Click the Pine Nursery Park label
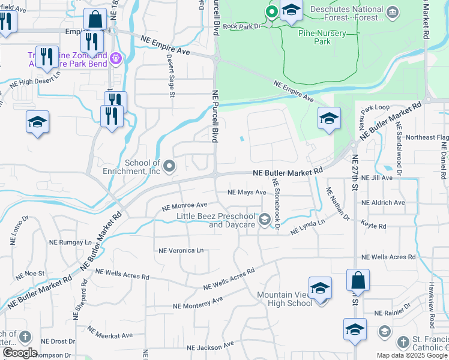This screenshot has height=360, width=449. [x=322, y=37]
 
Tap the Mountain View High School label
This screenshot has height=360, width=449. [x=285, y=299]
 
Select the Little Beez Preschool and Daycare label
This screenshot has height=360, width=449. [x=216, y=220]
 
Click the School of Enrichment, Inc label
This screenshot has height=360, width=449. [x=142, y=167]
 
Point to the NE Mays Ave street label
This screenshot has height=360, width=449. [x=246, y=193]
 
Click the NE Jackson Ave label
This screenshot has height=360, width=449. [x=210, y=347]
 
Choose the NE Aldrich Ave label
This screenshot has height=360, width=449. [x=387, y=203]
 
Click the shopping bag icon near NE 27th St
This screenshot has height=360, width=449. [x=358, y=280]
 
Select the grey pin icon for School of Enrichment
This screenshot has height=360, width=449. [x=170, y=166]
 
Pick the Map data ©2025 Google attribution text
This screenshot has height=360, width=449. [x=412, y=355]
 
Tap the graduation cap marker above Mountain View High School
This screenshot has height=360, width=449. [x=320, y=288]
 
